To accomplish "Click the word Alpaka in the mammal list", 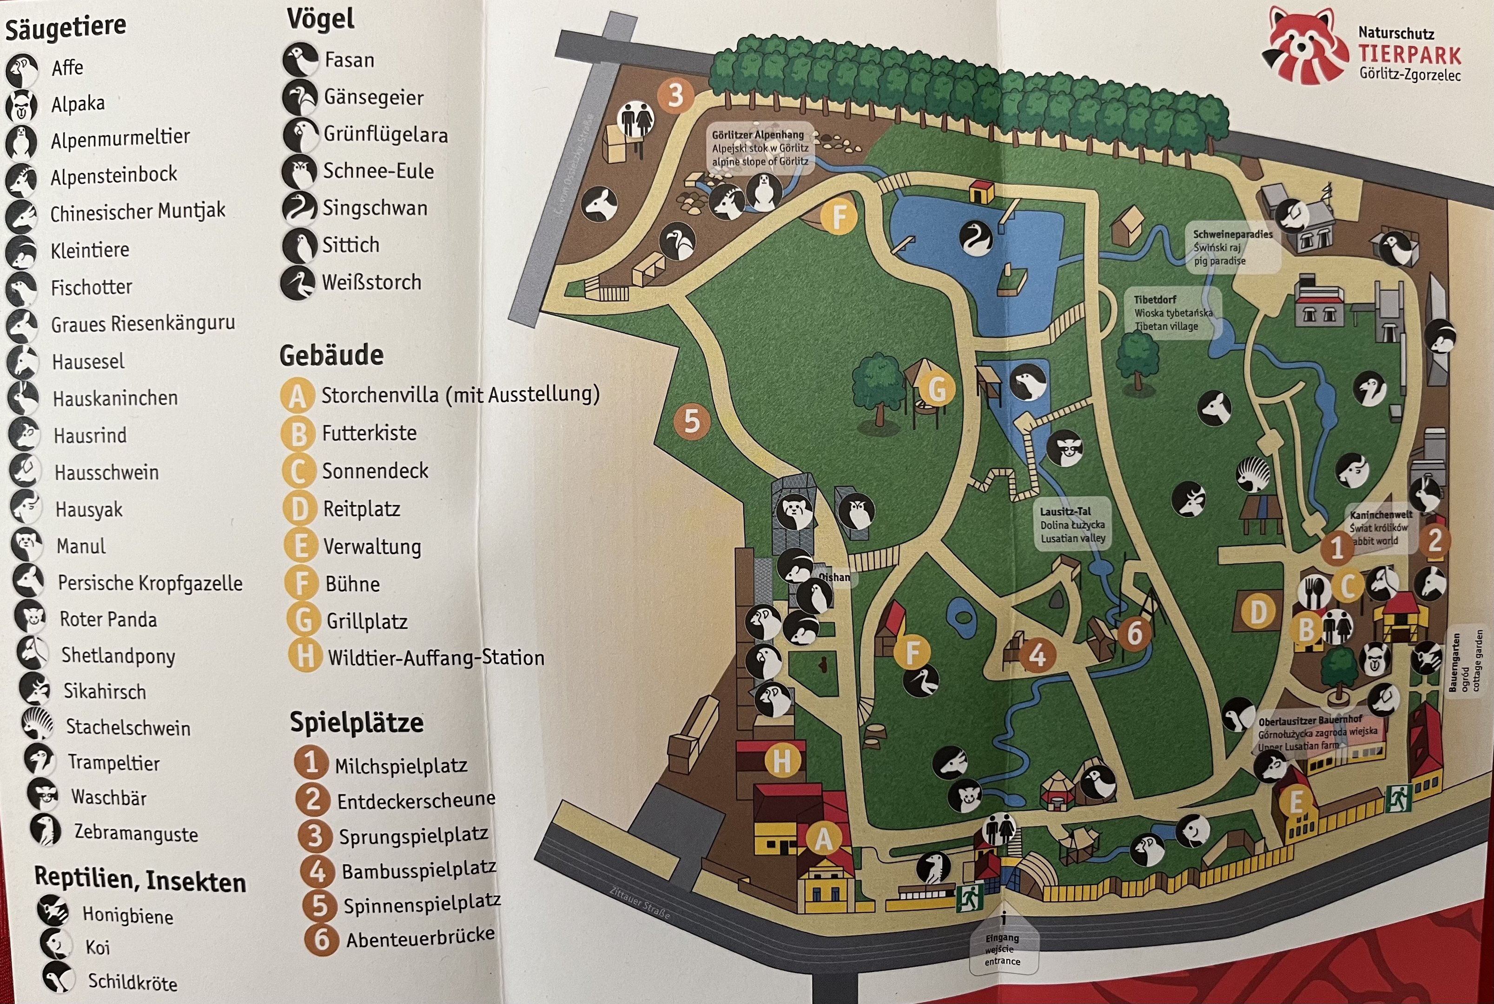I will (78, 103).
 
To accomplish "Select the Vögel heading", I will (320, 19).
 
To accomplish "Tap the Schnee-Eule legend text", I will (378, 171).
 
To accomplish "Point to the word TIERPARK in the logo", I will (1409, 55).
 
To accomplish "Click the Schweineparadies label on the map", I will (1232, 234).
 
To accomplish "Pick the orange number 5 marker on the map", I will (692, 421).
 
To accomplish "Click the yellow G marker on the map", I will (936, 389).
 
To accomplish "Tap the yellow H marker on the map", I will (781, 761).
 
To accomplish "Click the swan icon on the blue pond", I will (975, 238).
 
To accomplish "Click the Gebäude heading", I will (331, 355).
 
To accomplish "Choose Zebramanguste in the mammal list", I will (136, 833).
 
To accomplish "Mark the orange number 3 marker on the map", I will (675, 95).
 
